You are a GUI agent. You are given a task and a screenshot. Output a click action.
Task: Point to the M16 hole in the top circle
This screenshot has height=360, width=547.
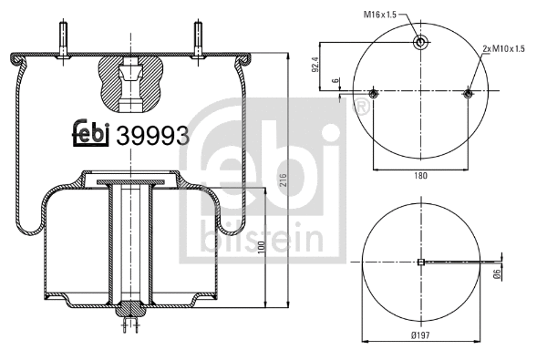click(420, 43)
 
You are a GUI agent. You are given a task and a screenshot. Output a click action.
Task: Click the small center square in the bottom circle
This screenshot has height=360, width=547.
click(419, 263)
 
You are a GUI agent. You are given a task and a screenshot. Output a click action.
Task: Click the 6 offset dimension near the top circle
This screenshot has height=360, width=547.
click(336, 82)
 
